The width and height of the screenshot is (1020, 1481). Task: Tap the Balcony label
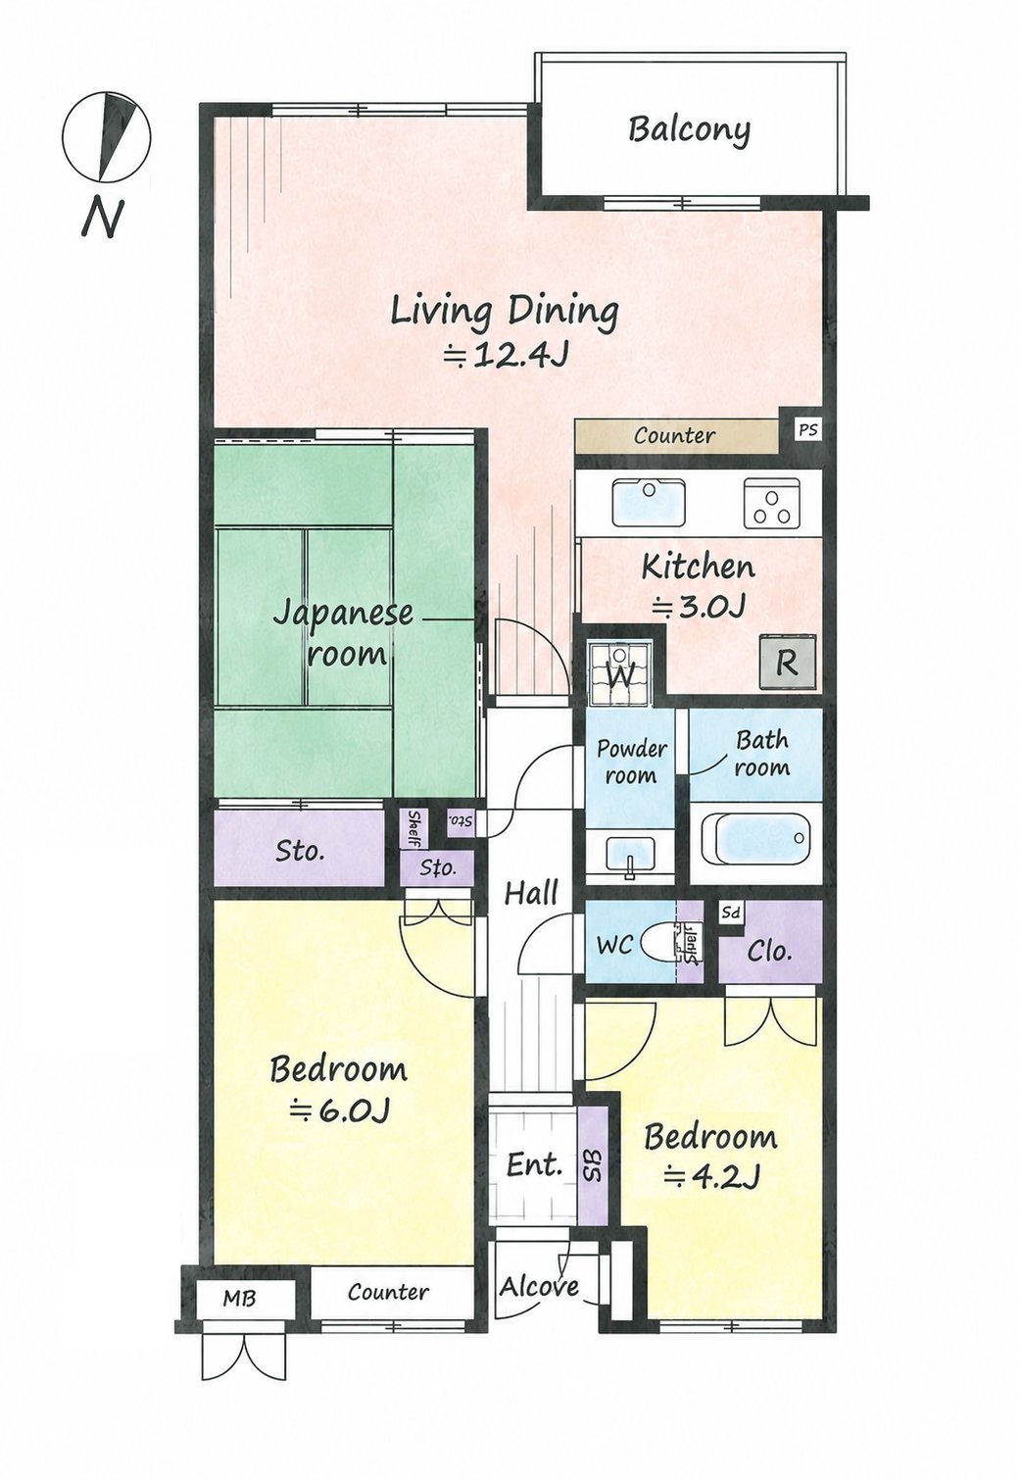(689, 129)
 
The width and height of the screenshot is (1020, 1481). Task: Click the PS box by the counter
(807, 429)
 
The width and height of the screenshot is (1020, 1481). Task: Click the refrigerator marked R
(788, 663)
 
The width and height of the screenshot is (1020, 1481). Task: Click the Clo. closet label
(770, 951)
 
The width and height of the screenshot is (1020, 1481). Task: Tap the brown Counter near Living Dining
(675, 436)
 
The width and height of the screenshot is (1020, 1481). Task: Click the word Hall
(531, 894)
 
